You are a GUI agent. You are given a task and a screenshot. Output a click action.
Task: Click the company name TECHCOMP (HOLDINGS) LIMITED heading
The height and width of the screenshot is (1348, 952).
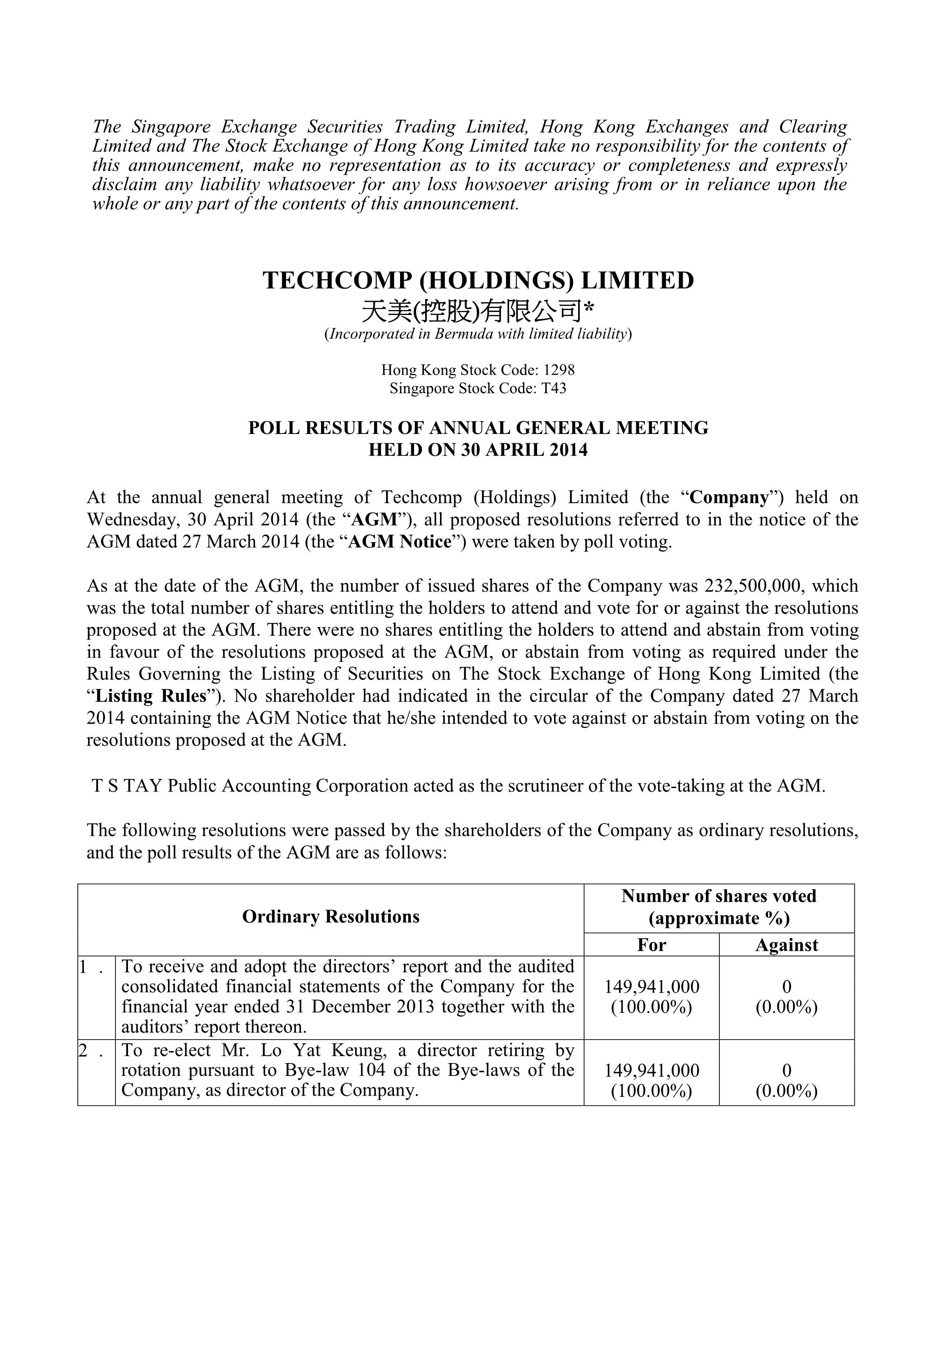pos(478,281)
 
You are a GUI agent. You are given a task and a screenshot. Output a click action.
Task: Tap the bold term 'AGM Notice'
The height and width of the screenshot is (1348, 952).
pos(399,541)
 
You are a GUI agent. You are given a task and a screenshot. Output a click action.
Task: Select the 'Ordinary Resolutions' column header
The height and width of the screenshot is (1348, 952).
pos(331,917)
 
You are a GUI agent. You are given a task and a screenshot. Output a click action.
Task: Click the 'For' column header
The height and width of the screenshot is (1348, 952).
pos(652,945)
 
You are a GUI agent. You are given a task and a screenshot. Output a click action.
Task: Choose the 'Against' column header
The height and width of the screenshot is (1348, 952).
pos(787,945)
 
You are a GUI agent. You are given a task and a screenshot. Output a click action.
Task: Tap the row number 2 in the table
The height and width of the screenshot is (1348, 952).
pos(84,1050)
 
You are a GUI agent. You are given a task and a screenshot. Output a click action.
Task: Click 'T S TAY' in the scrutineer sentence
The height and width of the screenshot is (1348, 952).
pos(127,786)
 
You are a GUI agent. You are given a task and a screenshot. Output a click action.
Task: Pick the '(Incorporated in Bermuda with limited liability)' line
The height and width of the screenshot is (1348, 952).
pos(478,335)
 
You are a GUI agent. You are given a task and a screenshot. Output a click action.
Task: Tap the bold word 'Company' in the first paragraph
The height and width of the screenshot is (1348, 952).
pos(729,498)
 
